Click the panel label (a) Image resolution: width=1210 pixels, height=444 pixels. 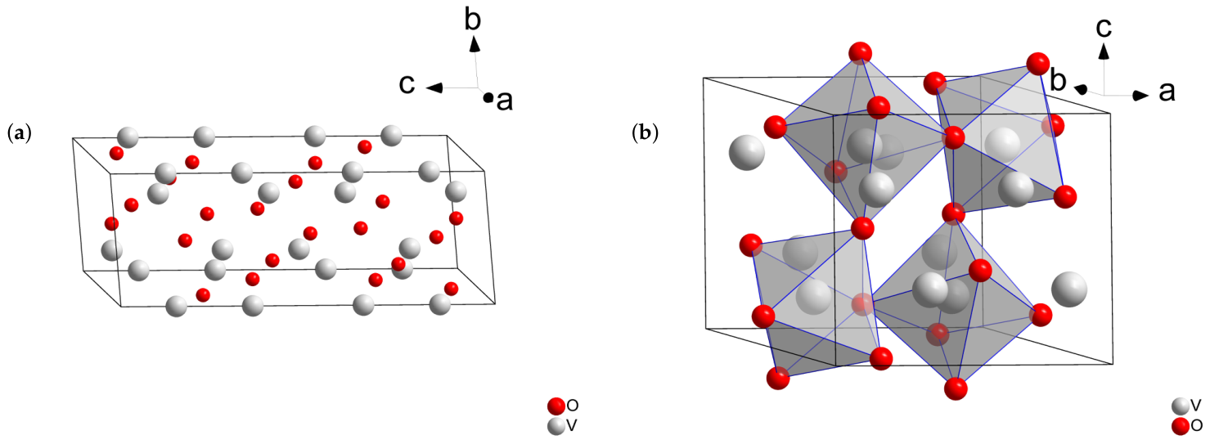point(20,133)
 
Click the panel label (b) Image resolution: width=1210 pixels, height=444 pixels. point(645,133)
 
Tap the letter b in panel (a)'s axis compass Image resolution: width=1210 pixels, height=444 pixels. point(473,20)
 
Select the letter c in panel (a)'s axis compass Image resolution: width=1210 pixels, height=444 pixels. point(407,85)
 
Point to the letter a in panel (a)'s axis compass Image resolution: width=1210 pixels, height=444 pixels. point(505,101)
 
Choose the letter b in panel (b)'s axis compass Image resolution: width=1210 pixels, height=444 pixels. point(1058,80)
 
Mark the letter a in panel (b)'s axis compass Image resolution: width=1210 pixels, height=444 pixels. point(1167,92)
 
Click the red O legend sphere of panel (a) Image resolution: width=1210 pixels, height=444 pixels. point(556,406)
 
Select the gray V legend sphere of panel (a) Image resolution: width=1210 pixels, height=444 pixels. point(556,426)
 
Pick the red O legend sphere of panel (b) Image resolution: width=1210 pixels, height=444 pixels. point(1181,426)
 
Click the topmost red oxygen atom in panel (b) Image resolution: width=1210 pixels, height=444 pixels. point(860,52)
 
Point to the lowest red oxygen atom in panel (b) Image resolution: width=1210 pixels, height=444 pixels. point(956,388)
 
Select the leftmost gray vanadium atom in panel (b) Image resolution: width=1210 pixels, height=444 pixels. point(747,152)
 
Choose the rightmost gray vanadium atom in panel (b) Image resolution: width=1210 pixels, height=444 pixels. point(1069,289)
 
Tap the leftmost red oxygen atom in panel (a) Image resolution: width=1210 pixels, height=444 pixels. point(112,223)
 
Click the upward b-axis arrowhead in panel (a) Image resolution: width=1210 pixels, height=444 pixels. point(475,43)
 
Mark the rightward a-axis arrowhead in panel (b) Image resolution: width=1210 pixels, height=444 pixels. point(1140,96)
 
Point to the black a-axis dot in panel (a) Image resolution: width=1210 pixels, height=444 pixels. point(488,98)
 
